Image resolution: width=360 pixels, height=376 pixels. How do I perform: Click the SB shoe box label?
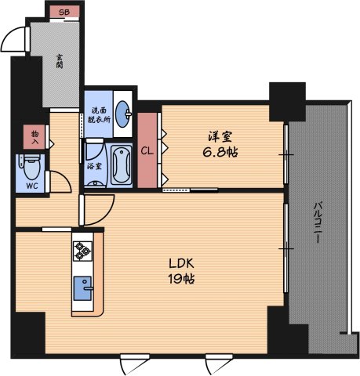pos(64,12)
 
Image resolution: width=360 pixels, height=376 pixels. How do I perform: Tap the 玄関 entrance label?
pos(60,61)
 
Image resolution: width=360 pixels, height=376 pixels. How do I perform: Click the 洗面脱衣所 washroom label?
pos(99,115)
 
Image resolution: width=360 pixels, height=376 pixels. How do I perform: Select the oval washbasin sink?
pos(123,114)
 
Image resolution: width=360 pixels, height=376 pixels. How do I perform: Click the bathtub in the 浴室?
pos(121,165)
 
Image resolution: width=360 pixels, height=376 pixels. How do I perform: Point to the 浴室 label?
pos(94,166)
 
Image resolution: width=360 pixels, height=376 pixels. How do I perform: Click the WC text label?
pos(32,186)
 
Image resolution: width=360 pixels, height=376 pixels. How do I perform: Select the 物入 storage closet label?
pos(35,138)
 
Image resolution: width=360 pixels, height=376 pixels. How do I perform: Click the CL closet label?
pos(147,151)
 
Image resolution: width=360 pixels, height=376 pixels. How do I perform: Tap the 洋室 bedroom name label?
pos(220,136)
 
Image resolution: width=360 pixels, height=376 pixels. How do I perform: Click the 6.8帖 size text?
pos(220,152)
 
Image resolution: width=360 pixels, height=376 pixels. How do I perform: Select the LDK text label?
pos(181,264)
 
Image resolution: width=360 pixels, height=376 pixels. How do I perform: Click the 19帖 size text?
pos(181,279)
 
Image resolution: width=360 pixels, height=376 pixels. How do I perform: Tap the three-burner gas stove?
pos(82,251)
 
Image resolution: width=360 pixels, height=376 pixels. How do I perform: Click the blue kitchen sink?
pos(83,288)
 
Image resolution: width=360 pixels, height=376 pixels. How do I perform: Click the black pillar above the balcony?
pos(287,102)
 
